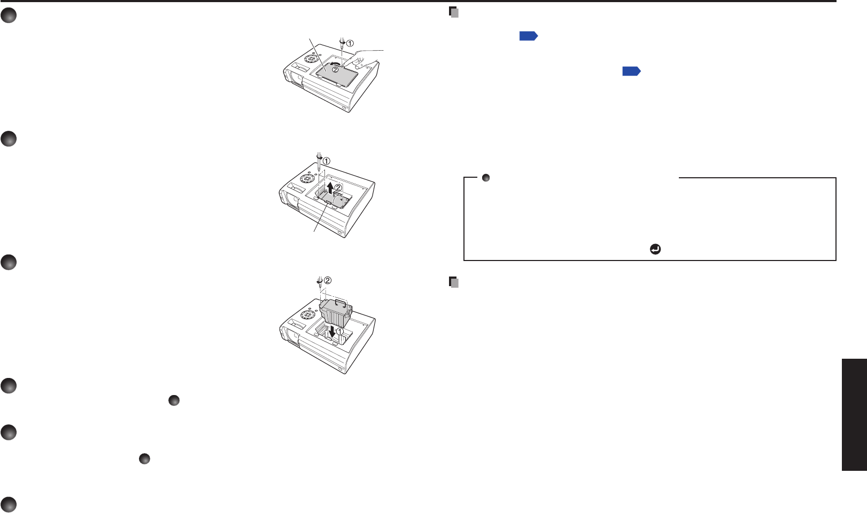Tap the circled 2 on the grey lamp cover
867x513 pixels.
[335, 69]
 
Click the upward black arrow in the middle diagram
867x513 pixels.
[331, 188]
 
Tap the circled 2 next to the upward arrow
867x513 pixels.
[338, 187]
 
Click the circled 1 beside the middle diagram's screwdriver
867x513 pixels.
[326, 161]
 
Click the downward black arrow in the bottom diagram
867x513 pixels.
[332, 332]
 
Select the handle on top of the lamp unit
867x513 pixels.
[340, 302]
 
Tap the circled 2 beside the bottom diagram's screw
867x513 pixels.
[328, 280]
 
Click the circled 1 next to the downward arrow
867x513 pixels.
[339, 331]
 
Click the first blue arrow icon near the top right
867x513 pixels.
[528, 36]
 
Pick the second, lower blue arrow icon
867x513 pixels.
[631, 71]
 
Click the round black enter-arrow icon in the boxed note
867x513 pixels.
[655, 249]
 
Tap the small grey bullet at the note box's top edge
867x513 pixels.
[486, 178]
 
